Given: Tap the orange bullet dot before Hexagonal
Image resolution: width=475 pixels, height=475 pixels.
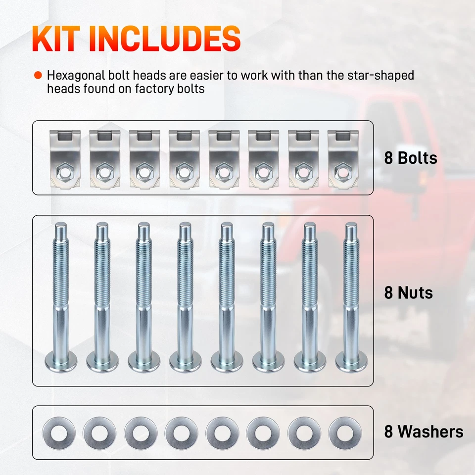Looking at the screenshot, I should pos(38,76).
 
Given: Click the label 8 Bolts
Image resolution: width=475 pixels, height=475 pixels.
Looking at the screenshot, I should pos(411,158).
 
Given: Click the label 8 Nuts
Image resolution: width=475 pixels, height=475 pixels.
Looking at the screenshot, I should pos(409,292).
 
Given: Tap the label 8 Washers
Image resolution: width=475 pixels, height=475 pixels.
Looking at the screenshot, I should pos(424,431).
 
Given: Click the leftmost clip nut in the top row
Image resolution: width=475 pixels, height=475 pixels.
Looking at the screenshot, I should pos(65,158).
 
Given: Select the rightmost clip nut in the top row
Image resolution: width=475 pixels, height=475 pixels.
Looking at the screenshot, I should pos(343,158).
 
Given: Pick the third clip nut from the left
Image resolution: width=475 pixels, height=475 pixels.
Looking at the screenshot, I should pos(144,158).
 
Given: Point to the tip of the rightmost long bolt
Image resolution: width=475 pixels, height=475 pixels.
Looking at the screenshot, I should pos(351,229).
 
